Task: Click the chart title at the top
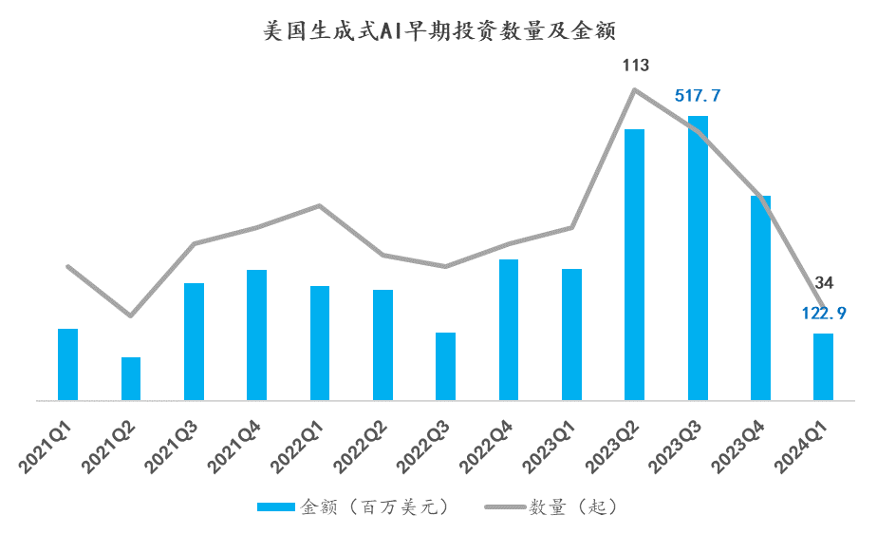(438, 31)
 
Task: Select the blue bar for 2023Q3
(698, 257)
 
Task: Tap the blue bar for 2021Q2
(130, 378)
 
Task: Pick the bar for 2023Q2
(635, 264)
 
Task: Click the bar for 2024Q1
(824, 367)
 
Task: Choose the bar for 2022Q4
(509, 329)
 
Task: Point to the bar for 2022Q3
(446, 366)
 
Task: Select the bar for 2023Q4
(760, 297)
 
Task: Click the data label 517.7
(698, 96)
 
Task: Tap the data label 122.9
(823, 313)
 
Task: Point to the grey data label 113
(635, 66)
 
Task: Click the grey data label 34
(824, 282)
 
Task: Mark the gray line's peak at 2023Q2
(635, 89)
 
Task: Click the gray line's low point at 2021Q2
(131, 315)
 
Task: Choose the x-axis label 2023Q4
(744, 446)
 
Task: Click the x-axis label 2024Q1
(807, 446)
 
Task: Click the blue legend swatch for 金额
(276, 506)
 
